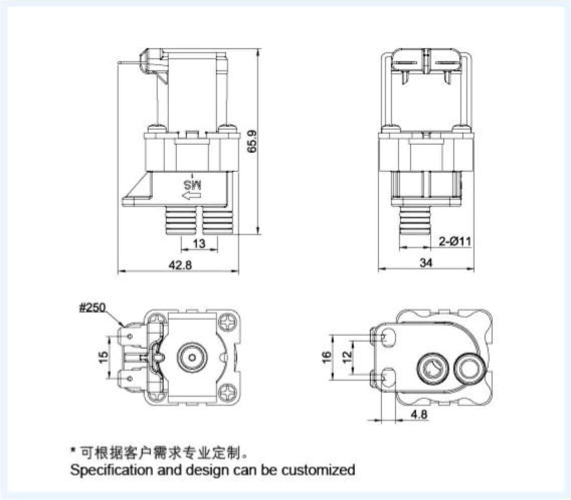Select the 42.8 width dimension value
point(180,265)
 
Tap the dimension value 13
point(199,244)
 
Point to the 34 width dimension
point(425,262)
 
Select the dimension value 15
point(104,357)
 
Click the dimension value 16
point(326,356)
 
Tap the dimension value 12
point(346,356)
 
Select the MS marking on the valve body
point(194,184)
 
